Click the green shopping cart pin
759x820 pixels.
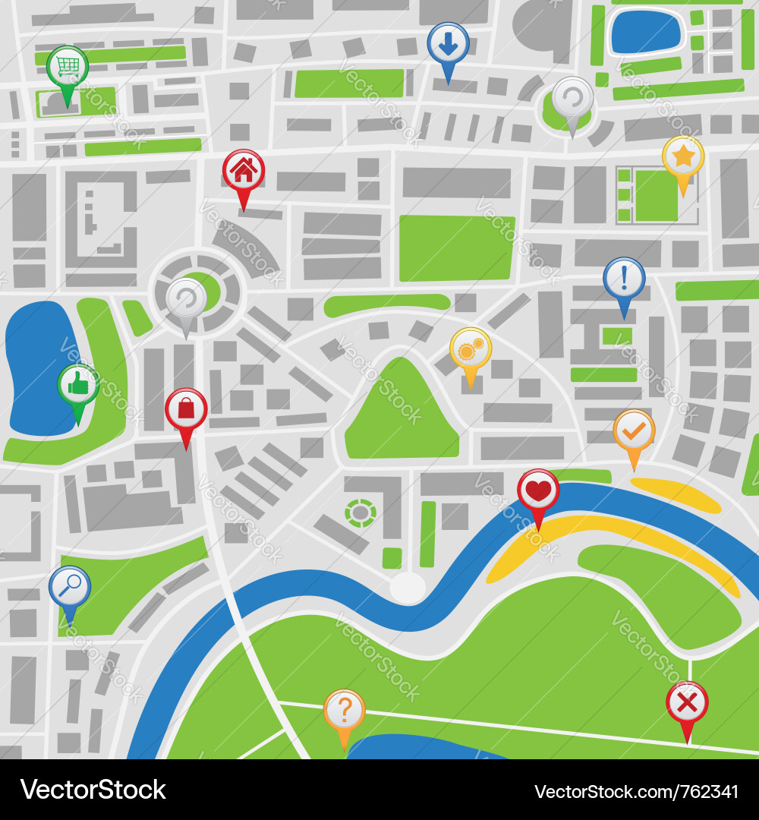(68, 68)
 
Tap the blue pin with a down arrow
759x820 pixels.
(448, 44)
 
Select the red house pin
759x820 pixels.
(243, 171)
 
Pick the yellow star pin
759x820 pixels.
(683, 157)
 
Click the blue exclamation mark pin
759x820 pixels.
(624, 279)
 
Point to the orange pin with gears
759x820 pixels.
(471, 349)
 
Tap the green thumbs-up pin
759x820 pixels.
(77, 385)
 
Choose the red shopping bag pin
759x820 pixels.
(186, 410)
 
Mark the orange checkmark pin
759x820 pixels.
(634, 431)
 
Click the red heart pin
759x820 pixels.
(538, 490)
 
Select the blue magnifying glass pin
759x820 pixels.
(70, 587)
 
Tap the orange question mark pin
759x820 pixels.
(345, 710)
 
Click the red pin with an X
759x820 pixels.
(687, 703)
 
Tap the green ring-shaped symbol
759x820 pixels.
(361, 513)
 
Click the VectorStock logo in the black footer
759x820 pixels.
(93, 790)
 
